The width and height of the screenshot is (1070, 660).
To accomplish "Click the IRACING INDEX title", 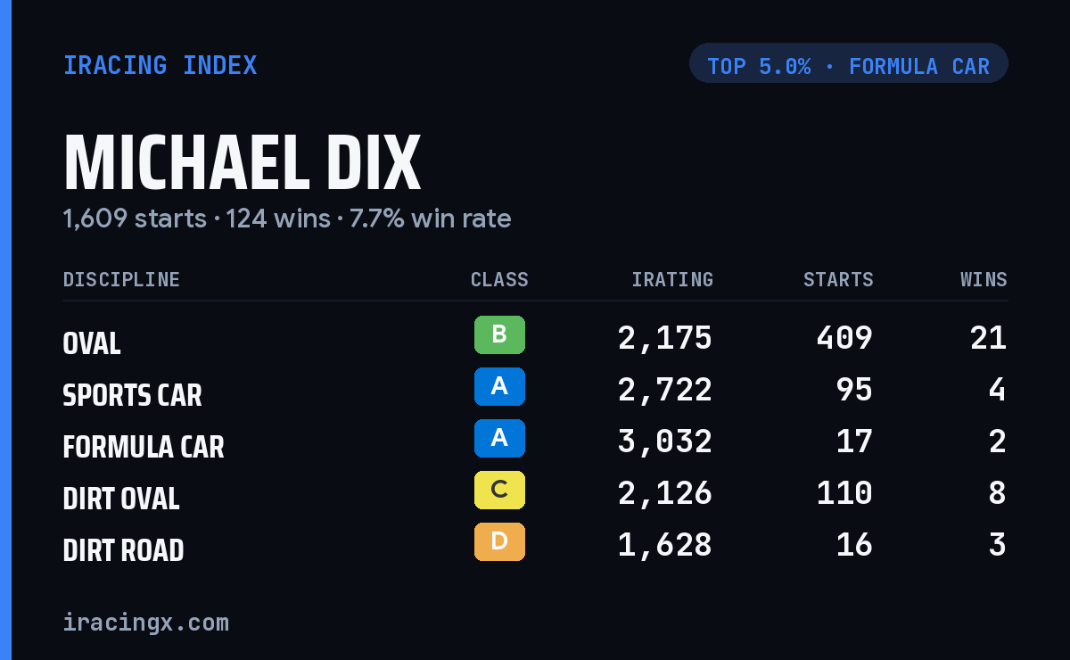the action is [160, 65].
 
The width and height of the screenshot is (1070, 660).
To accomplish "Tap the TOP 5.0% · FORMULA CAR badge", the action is [848, 63].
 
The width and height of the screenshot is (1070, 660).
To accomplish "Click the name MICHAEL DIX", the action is [243, 162].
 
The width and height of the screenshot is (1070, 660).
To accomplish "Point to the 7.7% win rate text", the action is [430, 219].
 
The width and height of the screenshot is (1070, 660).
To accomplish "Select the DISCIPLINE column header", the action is [121, 279].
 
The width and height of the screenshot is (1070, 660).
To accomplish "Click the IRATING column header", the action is [672, 279].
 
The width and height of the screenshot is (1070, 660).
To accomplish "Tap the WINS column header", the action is [984, 279].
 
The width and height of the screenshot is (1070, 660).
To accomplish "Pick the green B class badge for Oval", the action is [499, 334].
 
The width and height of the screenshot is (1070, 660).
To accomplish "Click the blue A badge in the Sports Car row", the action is [499, 386].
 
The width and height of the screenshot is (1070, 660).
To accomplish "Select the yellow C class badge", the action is [499, 490].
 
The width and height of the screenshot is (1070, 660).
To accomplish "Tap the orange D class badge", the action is [499, 541].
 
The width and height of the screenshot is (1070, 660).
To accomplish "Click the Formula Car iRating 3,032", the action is [665, 441].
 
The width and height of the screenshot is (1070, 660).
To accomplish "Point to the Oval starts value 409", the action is [844, 338].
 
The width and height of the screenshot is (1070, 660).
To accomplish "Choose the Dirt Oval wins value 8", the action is [998, 493].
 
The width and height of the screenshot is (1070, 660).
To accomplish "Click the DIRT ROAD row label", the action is [123, 550].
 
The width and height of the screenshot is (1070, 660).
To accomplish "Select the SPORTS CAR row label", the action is [132, 395].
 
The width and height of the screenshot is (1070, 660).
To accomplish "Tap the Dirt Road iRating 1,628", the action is [665, 545].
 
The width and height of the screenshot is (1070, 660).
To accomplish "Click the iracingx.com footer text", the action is [146, 623].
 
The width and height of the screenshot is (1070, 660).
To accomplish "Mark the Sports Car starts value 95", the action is [854, 390].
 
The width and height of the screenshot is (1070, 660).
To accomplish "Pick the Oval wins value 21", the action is [988, 338].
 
